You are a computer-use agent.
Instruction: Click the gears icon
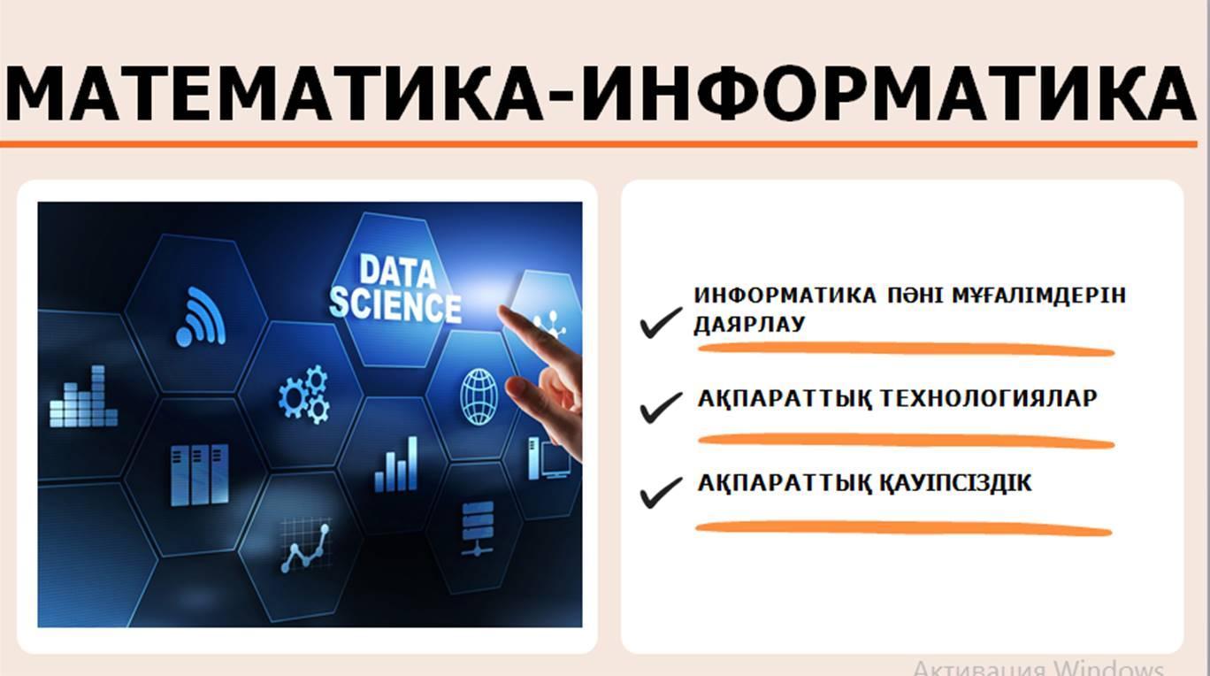(x=303, y=395)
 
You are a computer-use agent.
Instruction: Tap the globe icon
(x=479, y=396)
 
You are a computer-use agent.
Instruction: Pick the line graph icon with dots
(x=306, y=547)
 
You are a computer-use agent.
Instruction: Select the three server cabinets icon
(x=199, y=475)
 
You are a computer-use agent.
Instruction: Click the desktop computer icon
(x=548, y=458)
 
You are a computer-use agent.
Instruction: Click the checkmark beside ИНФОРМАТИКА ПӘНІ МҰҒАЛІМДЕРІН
(x=660, y=323)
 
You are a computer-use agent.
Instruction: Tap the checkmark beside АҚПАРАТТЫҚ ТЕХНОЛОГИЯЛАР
(x=661, y=407)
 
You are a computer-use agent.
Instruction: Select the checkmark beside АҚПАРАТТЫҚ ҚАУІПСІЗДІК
(x=661, y=492)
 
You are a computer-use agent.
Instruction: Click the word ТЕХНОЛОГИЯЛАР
(x=988, y=399)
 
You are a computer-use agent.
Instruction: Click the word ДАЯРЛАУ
(x=749, y=324)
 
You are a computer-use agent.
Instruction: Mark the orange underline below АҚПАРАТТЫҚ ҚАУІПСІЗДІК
(x=903, y=528)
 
